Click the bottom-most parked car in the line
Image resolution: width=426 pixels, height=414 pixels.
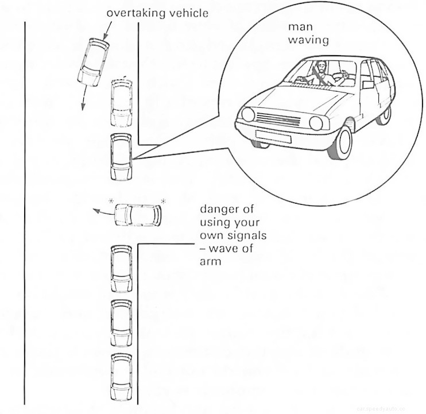coord(121,373)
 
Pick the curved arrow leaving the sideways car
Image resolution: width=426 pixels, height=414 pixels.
coord(103,213)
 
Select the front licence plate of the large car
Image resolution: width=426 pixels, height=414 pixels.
coord(273,136)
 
